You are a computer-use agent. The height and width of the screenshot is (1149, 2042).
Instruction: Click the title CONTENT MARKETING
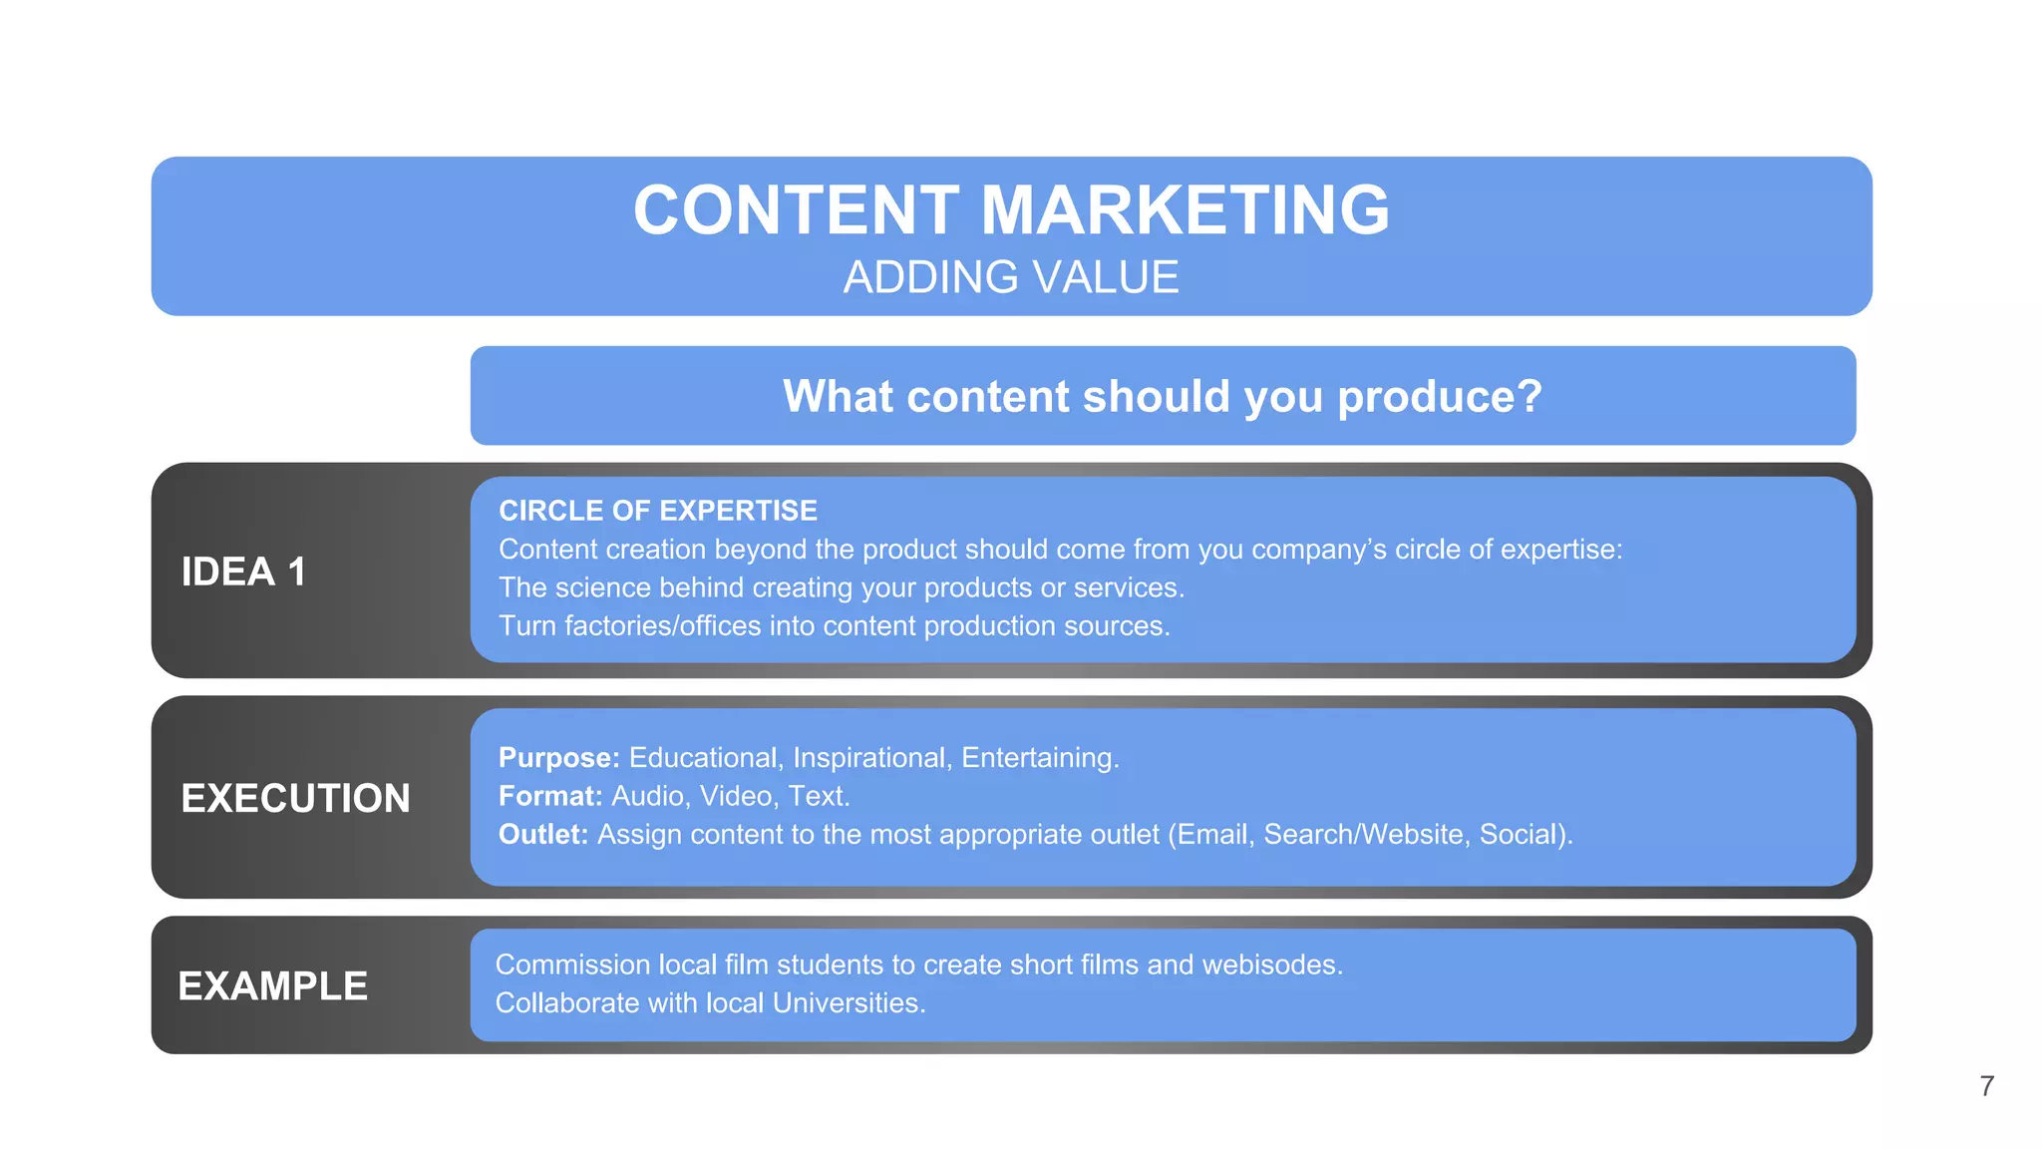[1011, 210]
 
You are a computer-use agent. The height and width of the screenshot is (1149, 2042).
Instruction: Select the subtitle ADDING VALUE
[1011, 277]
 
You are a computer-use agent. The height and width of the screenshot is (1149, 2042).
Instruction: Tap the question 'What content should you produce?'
[1163, 396]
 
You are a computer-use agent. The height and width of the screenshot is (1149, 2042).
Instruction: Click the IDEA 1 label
[243, 572]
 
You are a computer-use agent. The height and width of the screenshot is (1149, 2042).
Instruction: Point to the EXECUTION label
[295, 798]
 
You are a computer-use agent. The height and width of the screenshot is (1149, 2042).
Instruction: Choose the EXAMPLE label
[272, 985]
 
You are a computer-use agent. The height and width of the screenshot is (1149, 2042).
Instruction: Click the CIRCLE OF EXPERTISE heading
[658, 511]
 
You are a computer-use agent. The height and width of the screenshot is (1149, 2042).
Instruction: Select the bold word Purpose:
[559, 758]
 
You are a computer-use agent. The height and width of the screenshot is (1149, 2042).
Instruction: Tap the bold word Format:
[550, 796]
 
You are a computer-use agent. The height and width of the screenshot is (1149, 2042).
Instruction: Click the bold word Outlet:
[543, 834]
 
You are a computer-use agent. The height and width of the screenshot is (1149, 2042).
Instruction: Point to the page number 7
[1986, 1085]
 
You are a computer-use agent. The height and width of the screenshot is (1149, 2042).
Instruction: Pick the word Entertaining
[1040, 758]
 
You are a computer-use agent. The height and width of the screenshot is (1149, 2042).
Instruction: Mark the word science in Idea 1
[602, 587]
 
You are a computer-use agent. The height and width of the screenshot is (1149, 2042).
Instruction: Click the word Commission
[573, 964]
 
